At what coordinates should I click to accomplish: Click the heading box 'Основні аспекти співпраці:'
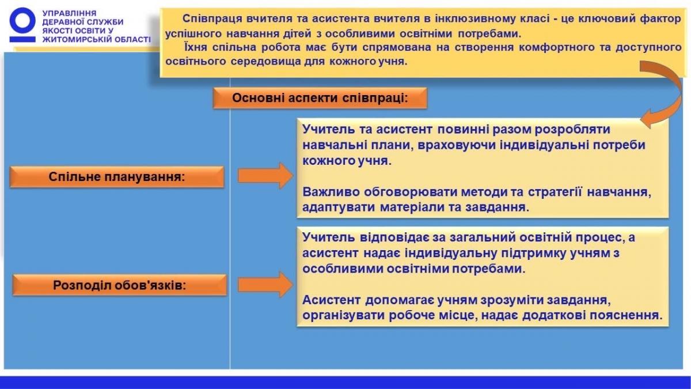320,98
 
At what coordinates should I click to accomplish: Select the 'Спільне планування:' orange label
117,177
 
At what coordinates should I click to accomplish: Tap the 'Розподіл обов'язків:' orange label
120,285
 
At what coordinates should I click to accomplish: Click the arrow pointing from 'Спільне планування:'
265,176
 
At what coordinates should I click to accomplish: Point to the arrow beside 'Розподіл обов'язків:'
265,285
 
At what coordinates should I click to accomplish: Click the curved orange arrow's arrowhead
647,119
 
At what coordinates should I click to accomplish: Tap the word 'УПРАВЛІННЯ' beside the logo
70,13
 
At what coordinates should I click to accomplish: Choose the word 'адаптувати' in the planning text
339,207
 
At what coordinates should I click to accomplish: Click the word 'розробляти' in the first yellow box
572,129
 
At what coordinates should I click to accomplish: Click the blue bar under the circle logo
22,40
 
